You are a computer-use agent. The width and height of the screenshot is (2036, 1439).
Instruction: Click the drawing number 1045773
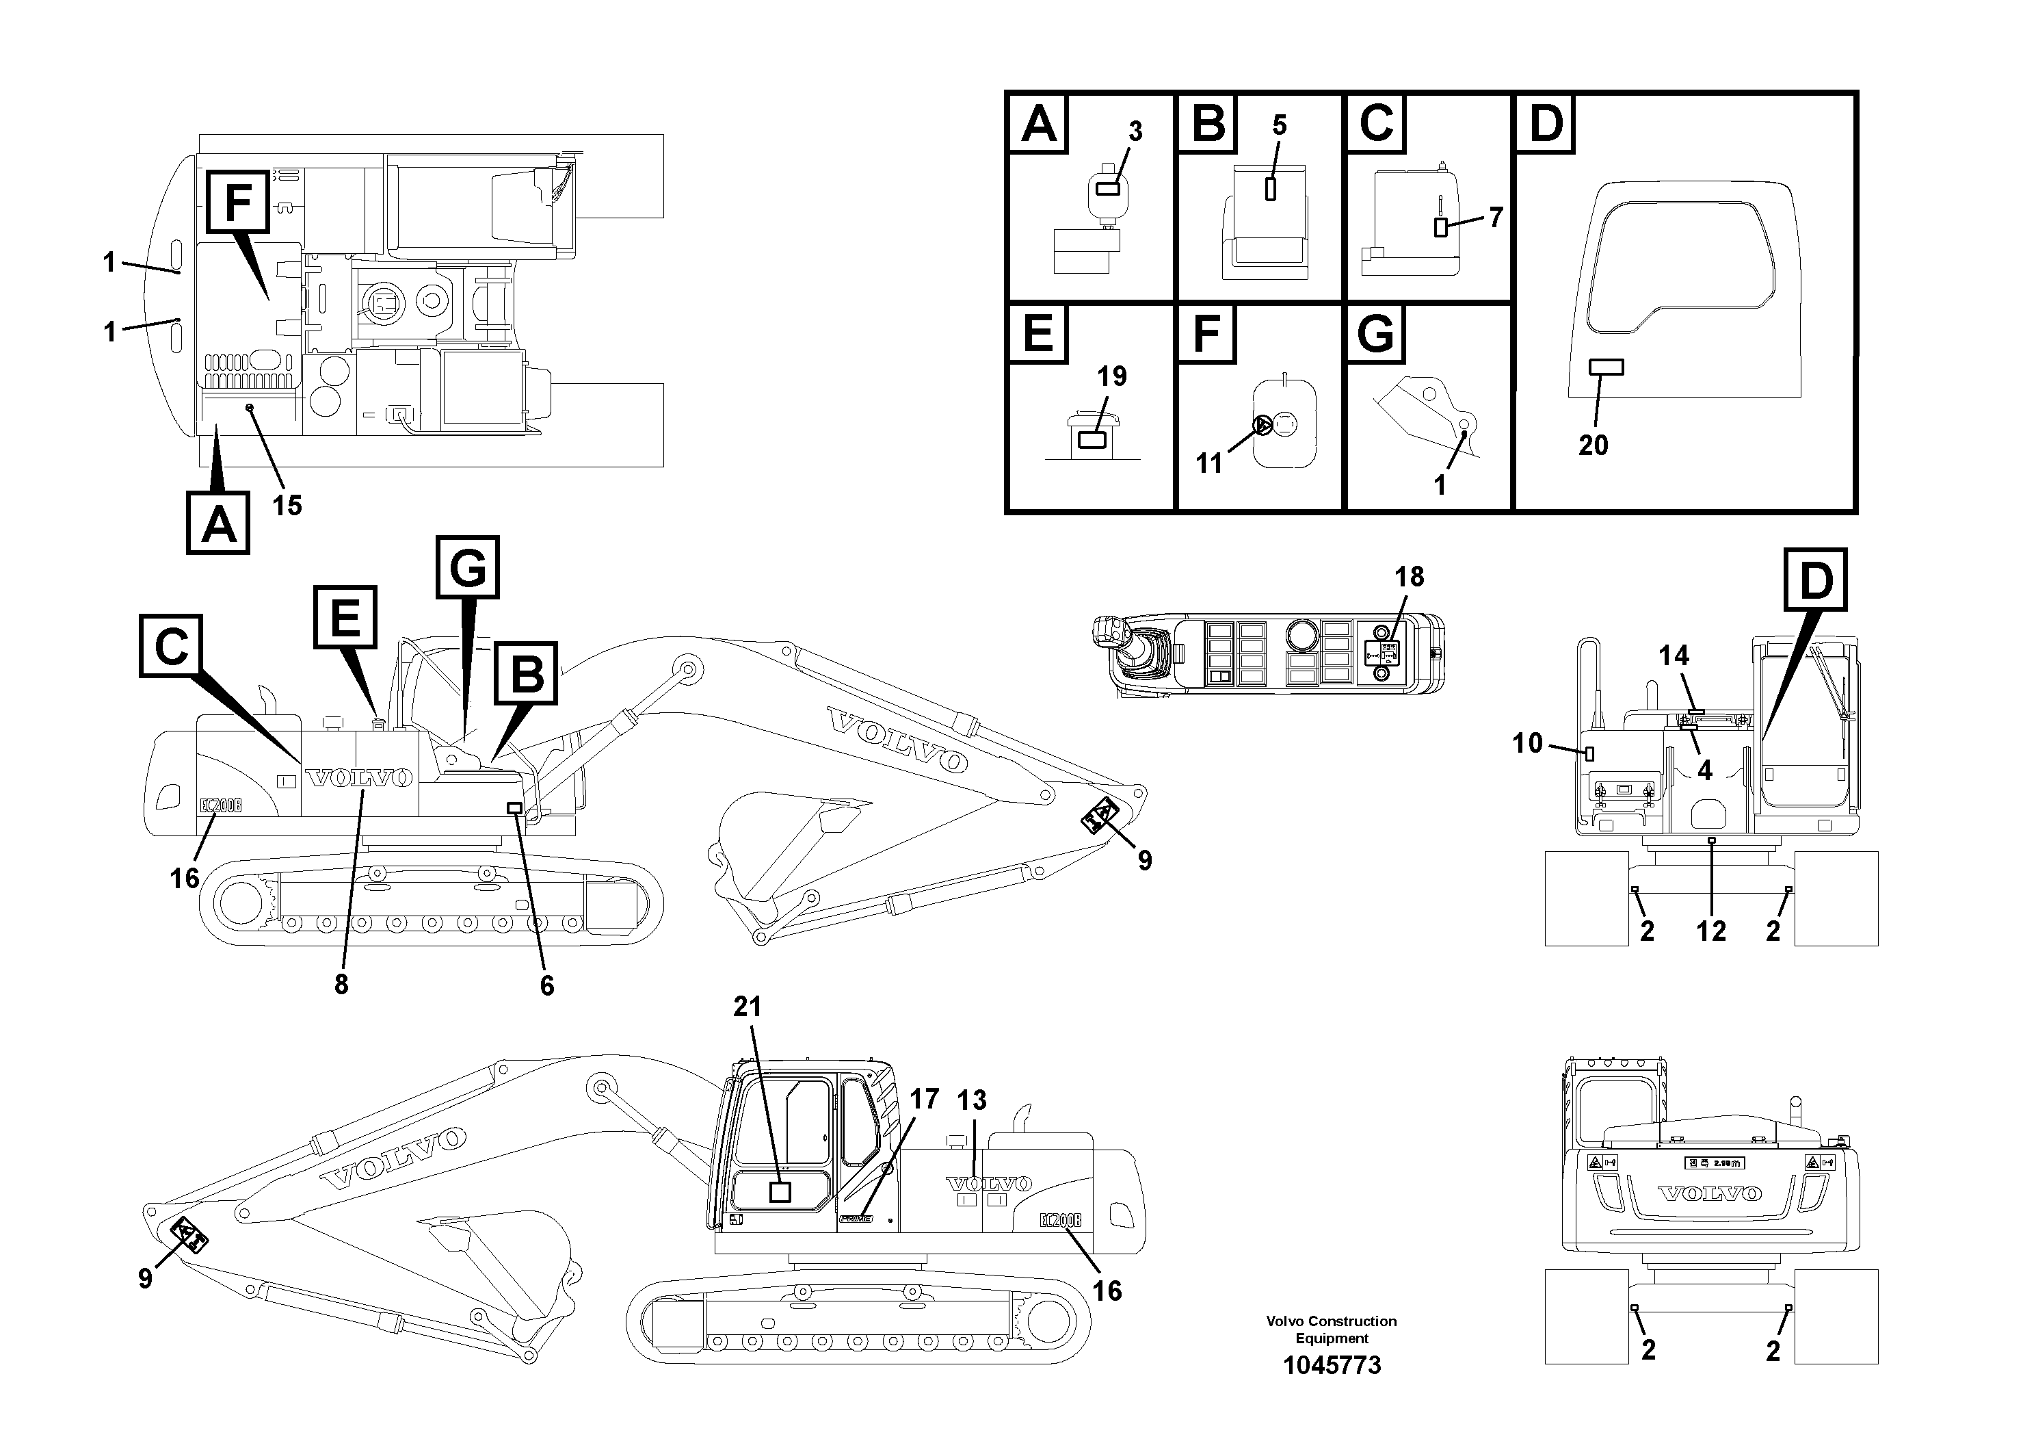(x=1331, y=1364)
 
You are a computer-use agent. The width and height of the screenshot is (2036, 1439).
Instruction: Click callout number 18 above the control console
(x=1408, y=577)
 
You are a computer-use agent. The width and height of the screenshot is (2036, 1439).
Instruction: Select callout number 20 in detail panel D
(x=1593, y=445)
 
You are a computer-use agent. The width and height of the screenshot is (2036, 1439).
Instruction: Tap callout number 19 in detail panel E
(x=1111, y=376)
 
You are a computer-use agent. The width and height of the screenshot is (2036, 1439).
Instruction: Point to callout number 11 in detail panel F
(x=1208, y=463)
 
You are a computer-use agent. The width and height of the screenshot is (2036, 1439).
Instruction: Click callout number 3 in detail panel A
(x=1135, y=131)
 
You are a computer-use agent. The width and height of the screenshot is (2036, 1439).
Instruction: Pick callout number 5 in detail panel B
(x=1279, y=125)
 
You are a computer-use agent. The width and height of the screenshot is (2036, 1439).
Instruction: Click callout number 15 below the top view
(x=287, y=506)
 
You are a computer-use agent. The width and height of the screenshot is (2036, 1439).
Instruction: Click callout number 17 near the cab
(x=924, y=1099)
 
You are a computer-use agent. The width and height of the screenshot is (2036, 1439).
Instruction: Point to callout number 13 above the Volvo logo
(x=972, y=1100)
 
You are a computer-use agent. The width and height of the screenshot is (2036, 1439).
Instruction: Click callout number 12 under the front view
(x=1710, y=931)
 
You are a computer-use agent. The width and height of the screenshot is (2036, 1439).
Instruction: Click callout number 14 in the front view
(x=1674, y=656)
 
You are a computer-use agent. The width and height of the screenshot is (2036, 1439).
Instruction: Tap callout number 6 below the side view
(x=547, y=985)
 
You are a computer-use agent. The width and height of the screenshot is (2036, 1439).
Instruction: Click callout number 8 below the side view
(x=341, y=984)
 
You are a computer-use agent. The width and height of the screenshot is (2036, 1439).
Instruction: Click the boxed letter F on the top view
(x=237, y=203)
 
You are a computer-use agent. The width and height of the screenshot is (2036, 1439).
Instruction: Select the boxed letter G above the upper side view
(x=467, y=566)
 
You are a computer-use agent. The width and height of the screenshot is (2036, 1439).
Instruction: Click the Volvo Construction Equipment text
(x=1331, y=1329)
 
